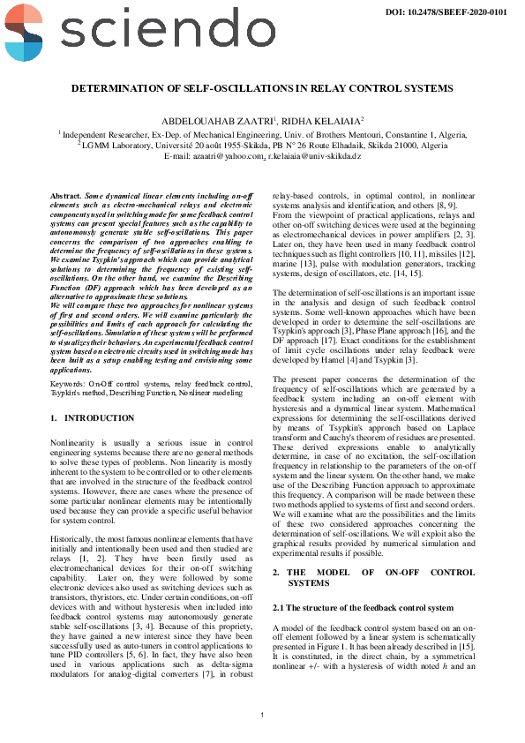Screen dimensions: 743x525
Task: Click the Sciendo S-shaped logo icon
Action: coord(21,32)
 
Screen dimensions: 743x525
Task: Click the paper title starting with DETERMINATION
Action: coord(262,89)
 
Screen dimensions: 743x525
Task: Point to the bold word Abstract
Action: coord(65,194)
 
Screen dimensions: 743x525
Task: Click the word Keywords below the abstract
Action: coord(69,361)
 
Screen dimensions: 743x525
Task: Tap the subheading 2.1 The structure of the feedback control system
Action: coord(363,608)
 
